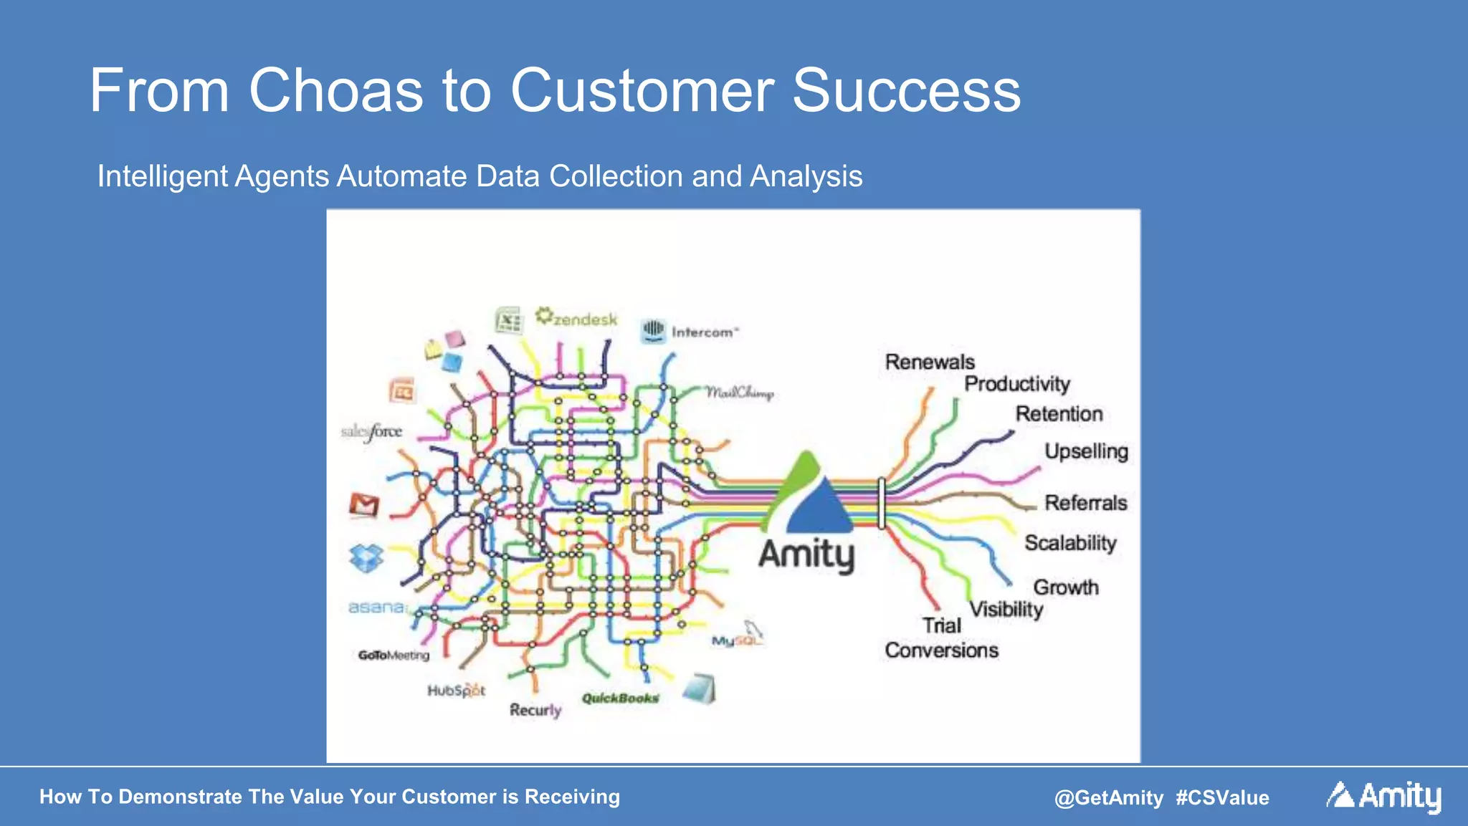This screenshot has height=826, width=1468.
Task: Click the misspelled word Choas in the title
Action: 335,91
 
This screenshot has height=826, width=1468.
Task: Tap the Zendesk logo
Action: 576,317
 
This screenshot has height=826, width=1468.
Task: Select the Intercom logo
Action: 689,332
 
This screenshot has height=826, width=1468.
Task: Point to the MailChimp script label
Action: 740,393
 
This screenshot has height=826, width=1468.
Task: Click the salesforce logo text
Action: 371,432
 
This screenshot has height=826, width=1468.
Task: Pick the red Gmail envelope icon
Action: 364,505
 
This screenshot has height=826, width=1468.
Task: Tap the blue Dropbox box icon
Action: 366,558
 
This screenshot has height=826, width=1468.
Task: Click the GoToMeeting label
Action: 394,655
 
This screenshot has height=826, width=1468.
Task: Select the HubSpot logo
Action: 456,691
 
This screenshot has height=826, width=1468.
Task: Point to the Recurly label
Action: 535,710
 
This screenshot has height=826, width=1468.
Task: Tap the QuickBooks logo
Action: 620,698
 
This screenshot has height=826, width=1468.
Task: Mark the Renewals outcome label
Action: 930,362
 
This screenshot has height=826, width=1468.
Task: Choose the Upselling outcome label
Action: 1086,451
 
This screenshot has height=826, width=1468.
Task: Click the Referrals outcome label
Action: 1085,503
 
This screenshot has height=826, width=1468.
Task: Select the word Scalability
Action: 1070,543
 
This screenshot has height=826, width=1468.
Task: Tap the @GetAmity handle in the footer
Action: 1109,797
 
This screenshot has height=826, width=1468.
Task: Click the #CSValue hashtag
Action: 1222,797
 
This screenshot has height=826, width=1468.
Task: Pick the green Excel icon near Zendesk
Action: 509,320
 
